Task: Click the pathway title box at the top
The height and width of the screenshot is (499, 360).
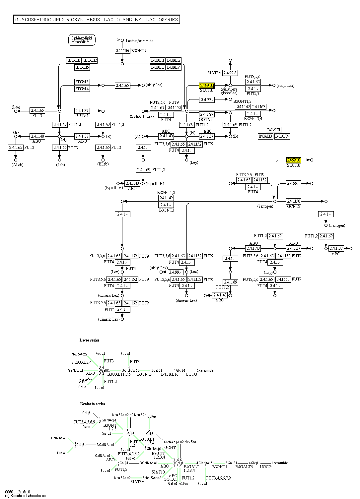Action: click(96, 20)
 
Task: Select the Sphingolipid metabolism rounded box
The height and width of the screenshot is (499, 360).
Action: click(82, 40)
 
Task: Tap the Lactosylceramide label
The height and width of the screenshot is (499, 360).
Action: click(139, 41)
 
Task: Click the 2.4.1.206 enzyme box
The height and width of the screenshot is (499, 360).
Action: click(122, 51)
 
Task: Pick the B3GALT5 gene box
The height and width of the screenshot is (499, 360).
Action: click(82, 67)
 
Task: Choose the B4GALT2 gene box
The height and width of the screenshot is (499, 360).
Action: click(174, 60)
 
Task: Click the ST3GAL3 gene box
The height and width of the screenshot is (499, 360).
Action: click(82, 82)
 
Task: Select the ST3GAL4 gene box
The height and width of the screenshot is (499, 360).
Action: click(82, 89)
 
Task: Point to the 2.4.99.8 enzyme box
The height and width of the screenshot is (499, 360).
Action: click(230, 73)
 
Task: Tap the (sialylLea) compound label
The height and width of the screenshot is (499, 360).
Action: click(154, 85)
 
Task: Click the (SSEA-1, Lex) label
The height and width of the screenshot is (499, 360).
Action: click(142, 116)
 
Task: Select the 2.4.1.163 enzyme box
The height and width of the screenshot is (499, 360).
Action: click(258, 107)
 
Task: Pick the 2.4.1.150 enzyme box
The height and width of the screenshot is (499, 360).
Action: click(293, 201)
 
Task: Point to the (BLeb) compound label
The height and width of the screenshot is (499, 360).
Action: click(103, 164)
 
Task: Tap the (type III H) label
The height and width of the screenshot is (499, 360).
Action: click(155, 184)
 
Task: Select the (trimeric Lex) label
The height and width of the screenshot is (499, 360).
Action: click(109, 319)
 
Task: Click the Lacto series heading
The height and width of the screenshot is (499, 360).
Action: click(89, 340)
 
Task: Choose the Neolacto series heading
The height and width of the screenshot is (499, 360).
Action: click(92, 404)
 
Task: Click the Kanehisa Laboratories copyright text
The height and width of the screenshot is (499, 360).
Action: click(25, 496)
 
